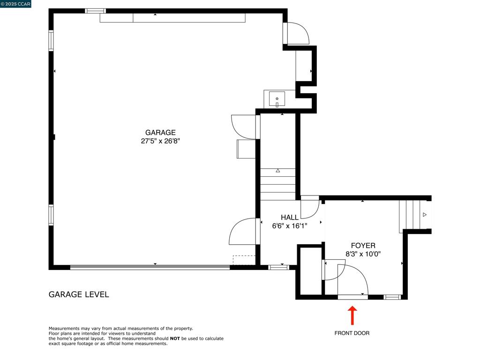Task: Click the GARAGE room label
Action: tap(160, 133)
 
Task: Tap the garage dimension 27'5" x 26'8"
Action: tap(160, 141)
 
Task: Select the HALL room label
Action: tap(290, 217)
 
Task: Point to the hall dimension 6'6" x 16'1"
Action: tap(290, 225)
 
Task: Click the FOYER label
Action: tap(363, 246)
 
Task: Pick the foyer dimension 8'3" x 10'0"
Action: tap(363, 254)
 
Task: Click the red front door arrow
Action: tap(352, 315)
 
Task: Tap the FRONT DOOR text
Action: tap(352, 333)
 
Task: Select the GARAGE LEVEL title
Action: tap(79, 294)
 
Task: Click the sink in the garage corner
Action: tap(277, 99)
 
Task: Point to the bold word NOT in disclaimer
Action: tap(175, 338)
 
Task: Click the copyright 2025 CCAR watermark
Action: tap(15, 4)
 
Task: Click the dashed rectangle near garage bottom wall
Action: tap(244, 260)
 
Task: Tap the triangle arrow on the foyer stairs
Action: tap(425, 215)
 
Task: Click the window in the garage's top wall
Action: tap(95, 11)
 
